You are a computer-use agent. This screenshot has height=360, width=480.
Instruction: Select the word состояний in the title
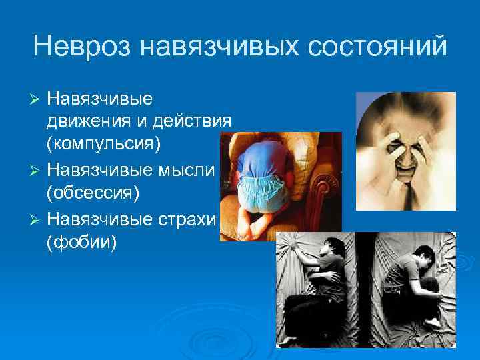[381, 47]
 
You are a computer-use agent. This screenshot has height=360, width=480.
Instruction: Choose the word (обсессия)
[92, 194]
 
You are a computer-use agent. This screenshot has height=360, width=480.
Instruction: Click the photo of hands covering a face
[405, 150]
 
